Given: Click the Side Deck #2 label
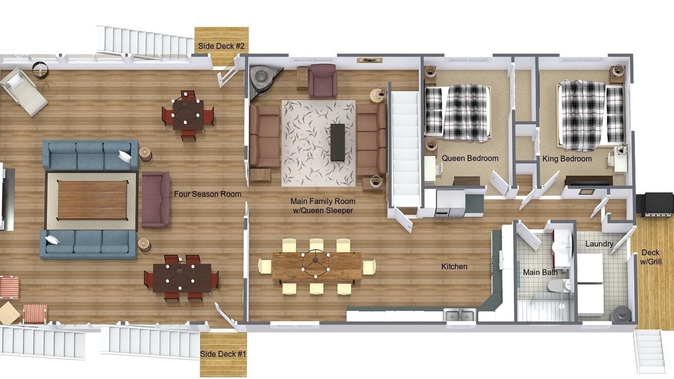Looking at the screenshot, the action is coord(221,46).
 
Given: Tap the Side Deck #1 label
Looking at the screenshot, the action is coord(223,354).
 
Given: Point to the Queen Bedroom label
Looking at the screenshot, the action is coord(470,158).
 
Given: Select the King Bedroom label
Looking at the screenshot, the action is coord(567,159).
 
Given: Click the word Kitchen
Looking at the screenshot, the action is coord(454,266).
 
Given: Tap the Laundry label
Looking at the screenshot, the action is coord(599,244).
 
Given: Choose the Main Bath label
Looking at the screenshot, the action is coord(540,273).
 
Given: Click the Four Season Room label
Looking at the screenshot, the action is coord(207,194).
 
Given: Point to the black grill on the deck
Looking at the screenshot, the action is coord(657,205).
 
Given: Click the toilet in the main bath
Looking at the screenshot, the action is coord(558,285).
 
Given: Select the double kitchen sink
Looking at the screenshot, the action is coord(460,315).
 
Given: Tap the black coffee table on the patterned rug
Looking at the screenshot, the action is coord(338,142).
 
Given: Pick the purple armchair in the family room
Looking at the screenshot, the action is coord(323,81).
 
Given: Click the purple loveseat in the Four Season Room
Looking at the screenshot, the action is coord(155,200).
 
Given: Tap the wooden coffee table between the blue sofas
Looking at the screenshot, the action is coord(92,200).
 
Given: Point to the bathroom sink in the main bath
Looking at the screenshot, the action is coord(561,247).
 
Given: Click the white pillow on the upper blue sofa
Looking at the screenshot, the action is coord(125,156).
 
